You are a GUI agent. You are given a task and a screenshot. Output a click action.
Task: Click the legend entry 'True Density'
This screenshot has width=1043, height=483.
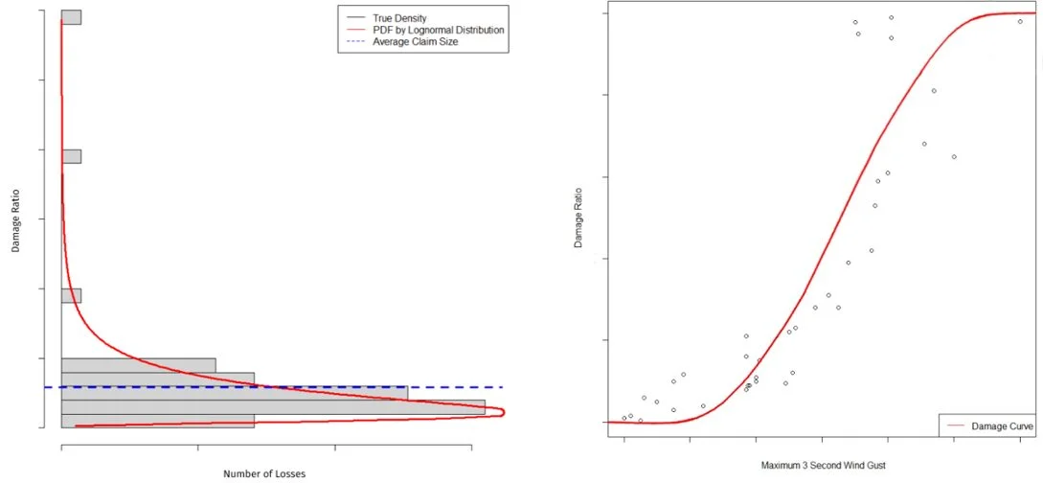point(399,18)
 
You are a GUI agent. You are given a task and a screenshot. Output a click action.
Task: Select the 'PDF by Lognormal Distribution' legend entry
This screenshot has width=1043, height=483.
point(439,31)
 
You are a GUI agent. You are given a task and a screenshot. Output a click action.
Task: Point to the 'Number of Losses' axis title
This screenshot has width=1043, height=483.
point(264,473)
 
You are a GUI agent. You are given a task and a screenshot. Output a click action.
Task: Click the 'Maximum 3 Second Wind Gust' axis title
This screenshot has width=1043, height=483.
point(823,466)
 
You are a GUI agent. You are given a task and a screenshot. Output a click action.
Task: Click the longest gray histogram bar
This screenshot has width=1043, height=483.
point(273,406)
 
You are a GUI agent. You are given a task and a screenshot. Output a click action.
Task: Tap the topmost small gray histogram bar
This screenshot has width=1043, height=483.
point(71,17)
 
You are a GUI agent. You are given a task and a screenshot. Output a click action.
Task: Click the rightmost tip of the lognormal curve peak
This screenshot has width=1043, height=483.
point(503,413)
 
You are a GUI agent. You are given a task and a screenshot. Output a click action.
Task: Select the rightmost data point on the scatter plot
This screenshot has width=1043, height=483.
point(1020,21)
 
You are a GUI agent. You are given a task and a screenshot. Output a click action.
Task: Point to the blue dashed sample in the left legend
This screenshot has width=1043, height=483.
point(354,43)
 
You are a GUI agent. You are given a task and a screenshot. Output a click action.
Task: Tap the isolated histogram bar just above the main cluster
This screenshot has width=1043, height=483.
point(71,295)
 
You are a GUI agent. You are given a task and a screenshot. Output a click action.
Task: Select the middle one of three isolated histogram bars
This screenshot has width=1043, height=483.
point(71,156)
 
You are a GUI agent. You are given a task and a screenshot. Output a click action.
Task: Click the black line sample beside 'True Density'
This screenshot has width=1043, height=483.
point(354,18)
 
